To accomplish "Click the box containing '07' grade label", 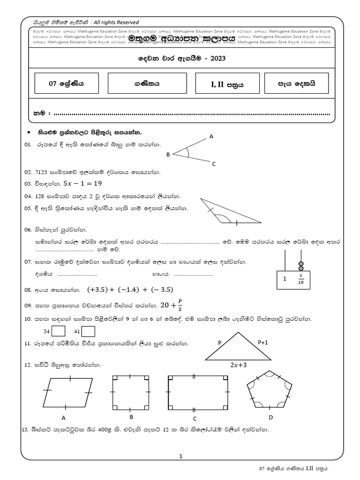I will pos(66,83).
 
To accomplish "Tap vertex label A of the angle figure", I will pos(211,136).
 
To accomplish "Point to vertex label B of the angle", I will pos(167,154).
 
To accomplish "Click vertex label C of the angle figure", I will pos(214,164).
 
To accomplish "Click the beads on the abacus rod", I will pos(301,265).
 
